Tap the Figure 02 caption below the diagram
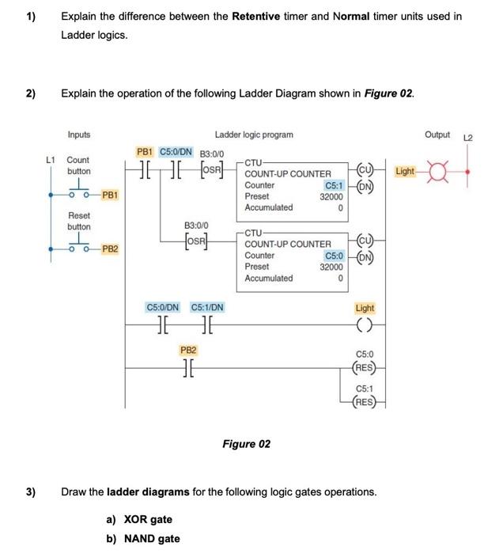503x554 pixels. pos(246,444)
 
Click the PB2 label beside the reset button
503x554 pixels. pos(110,249)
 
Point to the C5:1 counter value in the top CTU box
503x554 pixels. pos(333,184)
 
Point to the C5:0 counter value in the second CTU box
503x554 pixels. pos(333,256)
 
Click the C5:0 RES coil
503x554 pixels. pos(365,366)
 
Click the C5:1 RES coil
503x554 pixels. pos(365,400)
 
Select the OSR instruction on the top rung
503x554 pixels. pos(214,171)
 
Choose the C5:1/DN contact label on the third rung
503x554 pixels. pos(207,307)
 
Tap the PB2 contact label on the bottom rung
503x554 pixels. pos(188,349)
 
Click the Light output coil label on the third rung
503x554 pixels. pos(365,308)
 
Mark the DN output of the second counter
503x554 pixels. pos(365,256)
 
